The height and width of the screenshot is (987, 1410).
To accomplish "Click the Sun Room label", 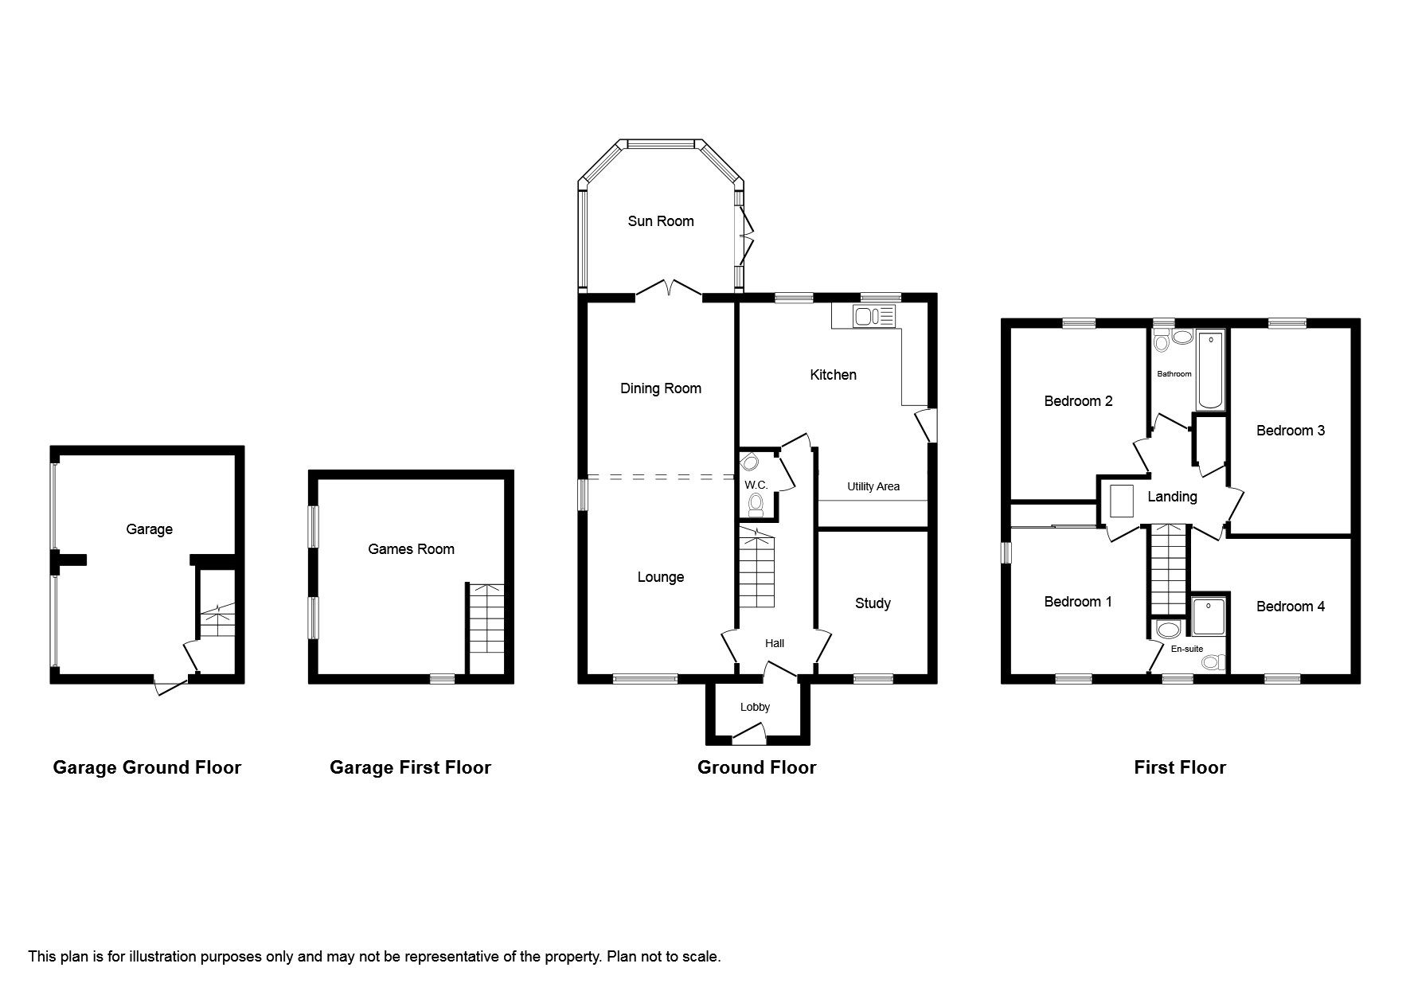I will pos(660,221).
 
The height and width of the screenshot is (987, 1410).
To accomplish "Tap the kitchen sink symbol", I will pos(874,317).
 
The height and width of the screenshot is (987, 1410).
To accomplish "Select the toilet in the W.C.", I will pos(756,503).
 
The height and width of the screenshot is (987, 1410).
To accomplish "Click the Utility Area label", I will pos(873,486).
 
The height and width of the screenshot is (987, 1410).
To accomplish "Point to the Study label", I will pos(873,603).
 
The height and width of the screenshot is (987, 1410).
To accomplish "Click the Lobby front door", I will pos(748,733).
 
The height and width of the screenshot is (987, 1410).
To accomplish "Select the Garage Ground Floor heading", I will pos(146,767).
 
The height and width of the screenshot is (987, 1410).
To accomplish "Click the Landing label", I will pos(1172,497).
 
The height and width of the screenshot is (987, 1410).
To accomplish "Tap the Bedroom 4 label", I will pos(1290,607).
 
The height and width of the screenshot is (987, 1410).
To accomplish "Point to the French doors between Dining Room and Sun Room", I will pos(669,290).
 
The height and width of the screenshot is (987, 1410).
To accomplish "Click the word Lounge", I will pos(660,577).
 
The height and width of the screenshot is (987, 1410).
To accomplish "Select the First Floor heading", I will pos(1179,767).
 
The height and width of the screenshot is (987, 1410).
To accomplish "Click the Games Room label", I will pos(411,549).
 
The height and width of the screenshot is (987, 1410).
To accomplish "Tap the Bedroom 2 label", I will pos(1078,401).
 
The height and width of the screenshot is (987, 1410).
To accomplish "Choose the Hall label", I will pos(774,643).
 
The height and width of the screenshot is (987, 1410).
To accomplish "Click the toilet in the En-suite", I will pos(1211,661).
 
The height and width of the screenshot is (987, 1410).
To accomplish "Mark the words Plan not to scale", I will pos(663,957).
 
